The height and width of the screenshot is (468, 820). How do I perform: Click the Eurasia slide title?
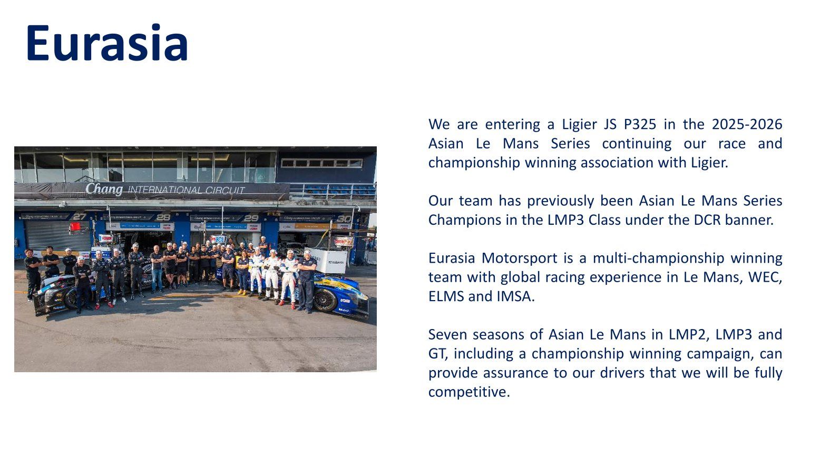[x=107, y=43]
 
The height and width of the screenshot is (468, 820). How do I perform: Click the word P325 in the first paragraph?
[x=640, y=124]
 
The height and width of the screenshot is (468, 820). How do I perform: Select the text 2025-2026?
[x=747, y=124]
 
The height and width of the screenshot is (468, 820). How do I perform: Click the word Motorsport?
[x=519, y=258]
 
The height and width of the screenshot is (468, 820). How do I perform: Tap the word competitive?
[x=469, y=392]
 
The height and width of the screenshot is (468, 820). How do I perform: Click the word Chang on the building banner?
[x=104, y=189]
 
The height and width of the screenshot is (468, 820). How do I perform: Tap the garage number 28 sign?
[x=163, y=217]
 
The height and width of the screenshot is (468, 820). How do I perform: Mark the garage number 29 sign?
[x=251, y=218]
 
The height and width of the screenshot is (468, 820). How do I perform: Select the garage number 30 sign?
[x=344, y=218]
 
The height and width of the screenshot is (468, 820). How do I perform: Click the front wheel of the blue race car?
[x=326, y=300]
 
